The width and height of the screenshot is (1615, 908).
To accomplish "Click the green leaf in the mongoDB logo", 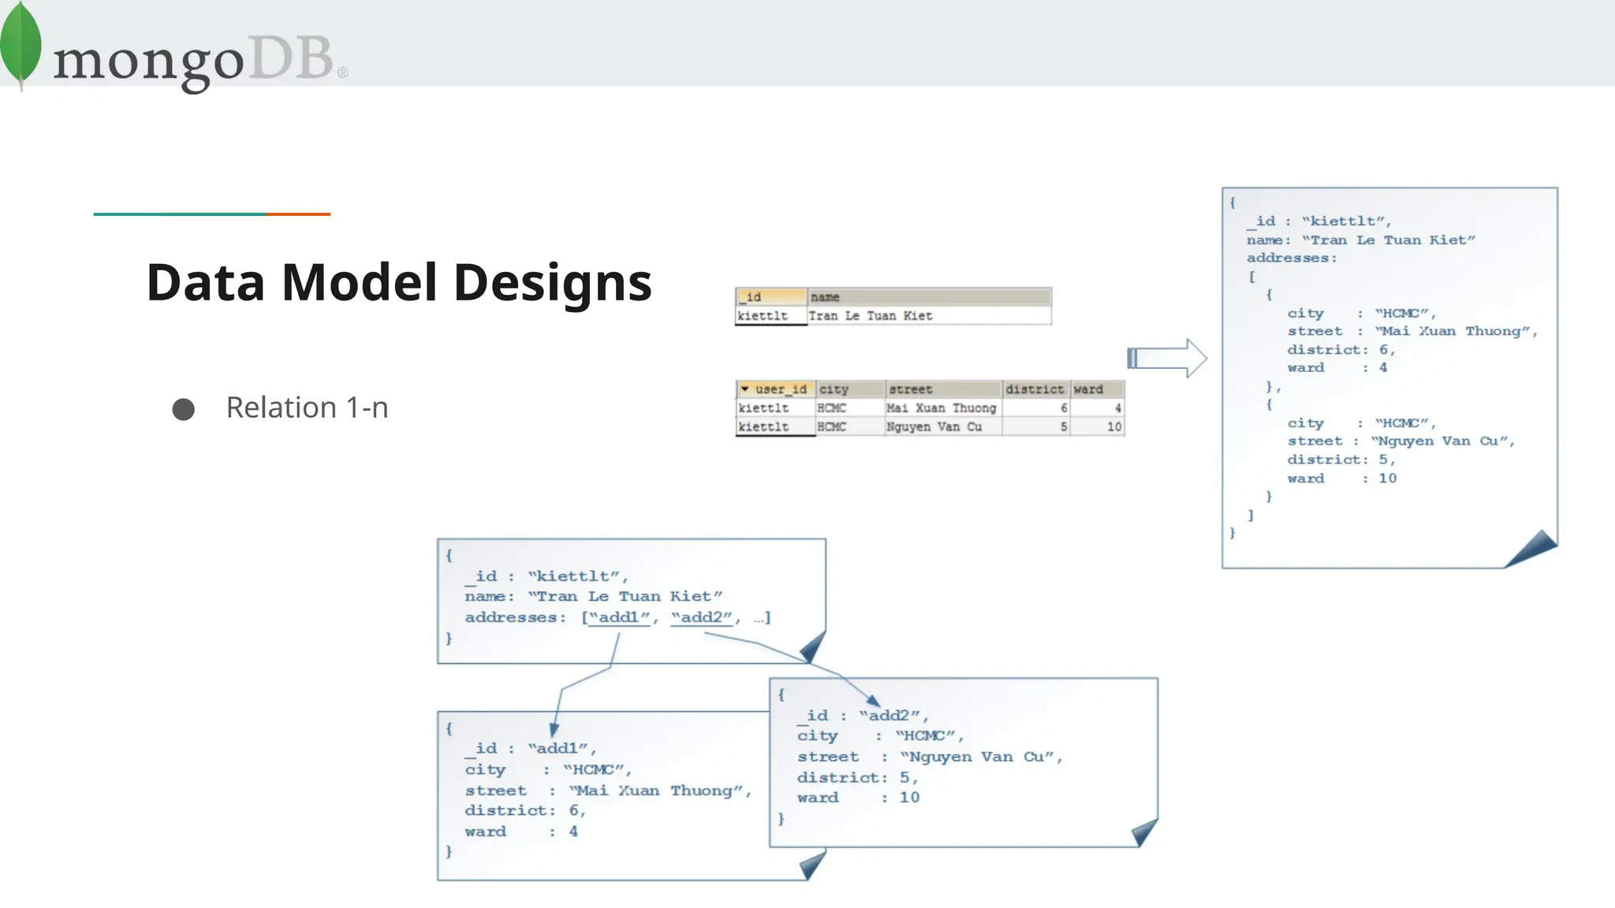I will click(21, 43).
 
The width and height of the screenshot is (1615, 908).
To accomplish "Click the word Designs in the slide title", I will click(553, 283).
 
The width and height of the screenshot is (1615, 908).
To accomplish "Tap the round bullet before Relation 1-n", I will click(184, 409).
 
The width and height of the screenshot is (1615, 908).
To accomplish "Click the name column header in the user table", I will click(929, 297).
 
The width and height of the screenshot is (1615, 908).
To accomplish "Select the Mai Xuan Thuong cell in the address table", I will click(942, 408).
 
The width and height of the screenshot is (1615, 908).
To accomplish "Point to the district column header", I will click(1035, 389).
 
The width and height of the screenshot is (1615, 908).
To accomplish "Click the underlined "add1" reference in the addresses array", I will click(620, 618).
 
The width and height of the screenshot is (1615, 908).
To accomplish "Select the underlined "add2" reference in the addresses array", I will click(702, 618).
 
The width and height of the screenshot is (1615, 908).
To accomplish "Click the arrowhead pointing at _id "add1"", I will click(554, 731).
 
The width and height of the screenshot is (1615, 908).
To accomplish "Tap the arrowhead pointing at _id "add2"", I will click(873, 700).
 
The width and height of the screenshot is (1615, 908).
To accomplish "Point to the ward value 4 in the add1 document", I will click(573, 832).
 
